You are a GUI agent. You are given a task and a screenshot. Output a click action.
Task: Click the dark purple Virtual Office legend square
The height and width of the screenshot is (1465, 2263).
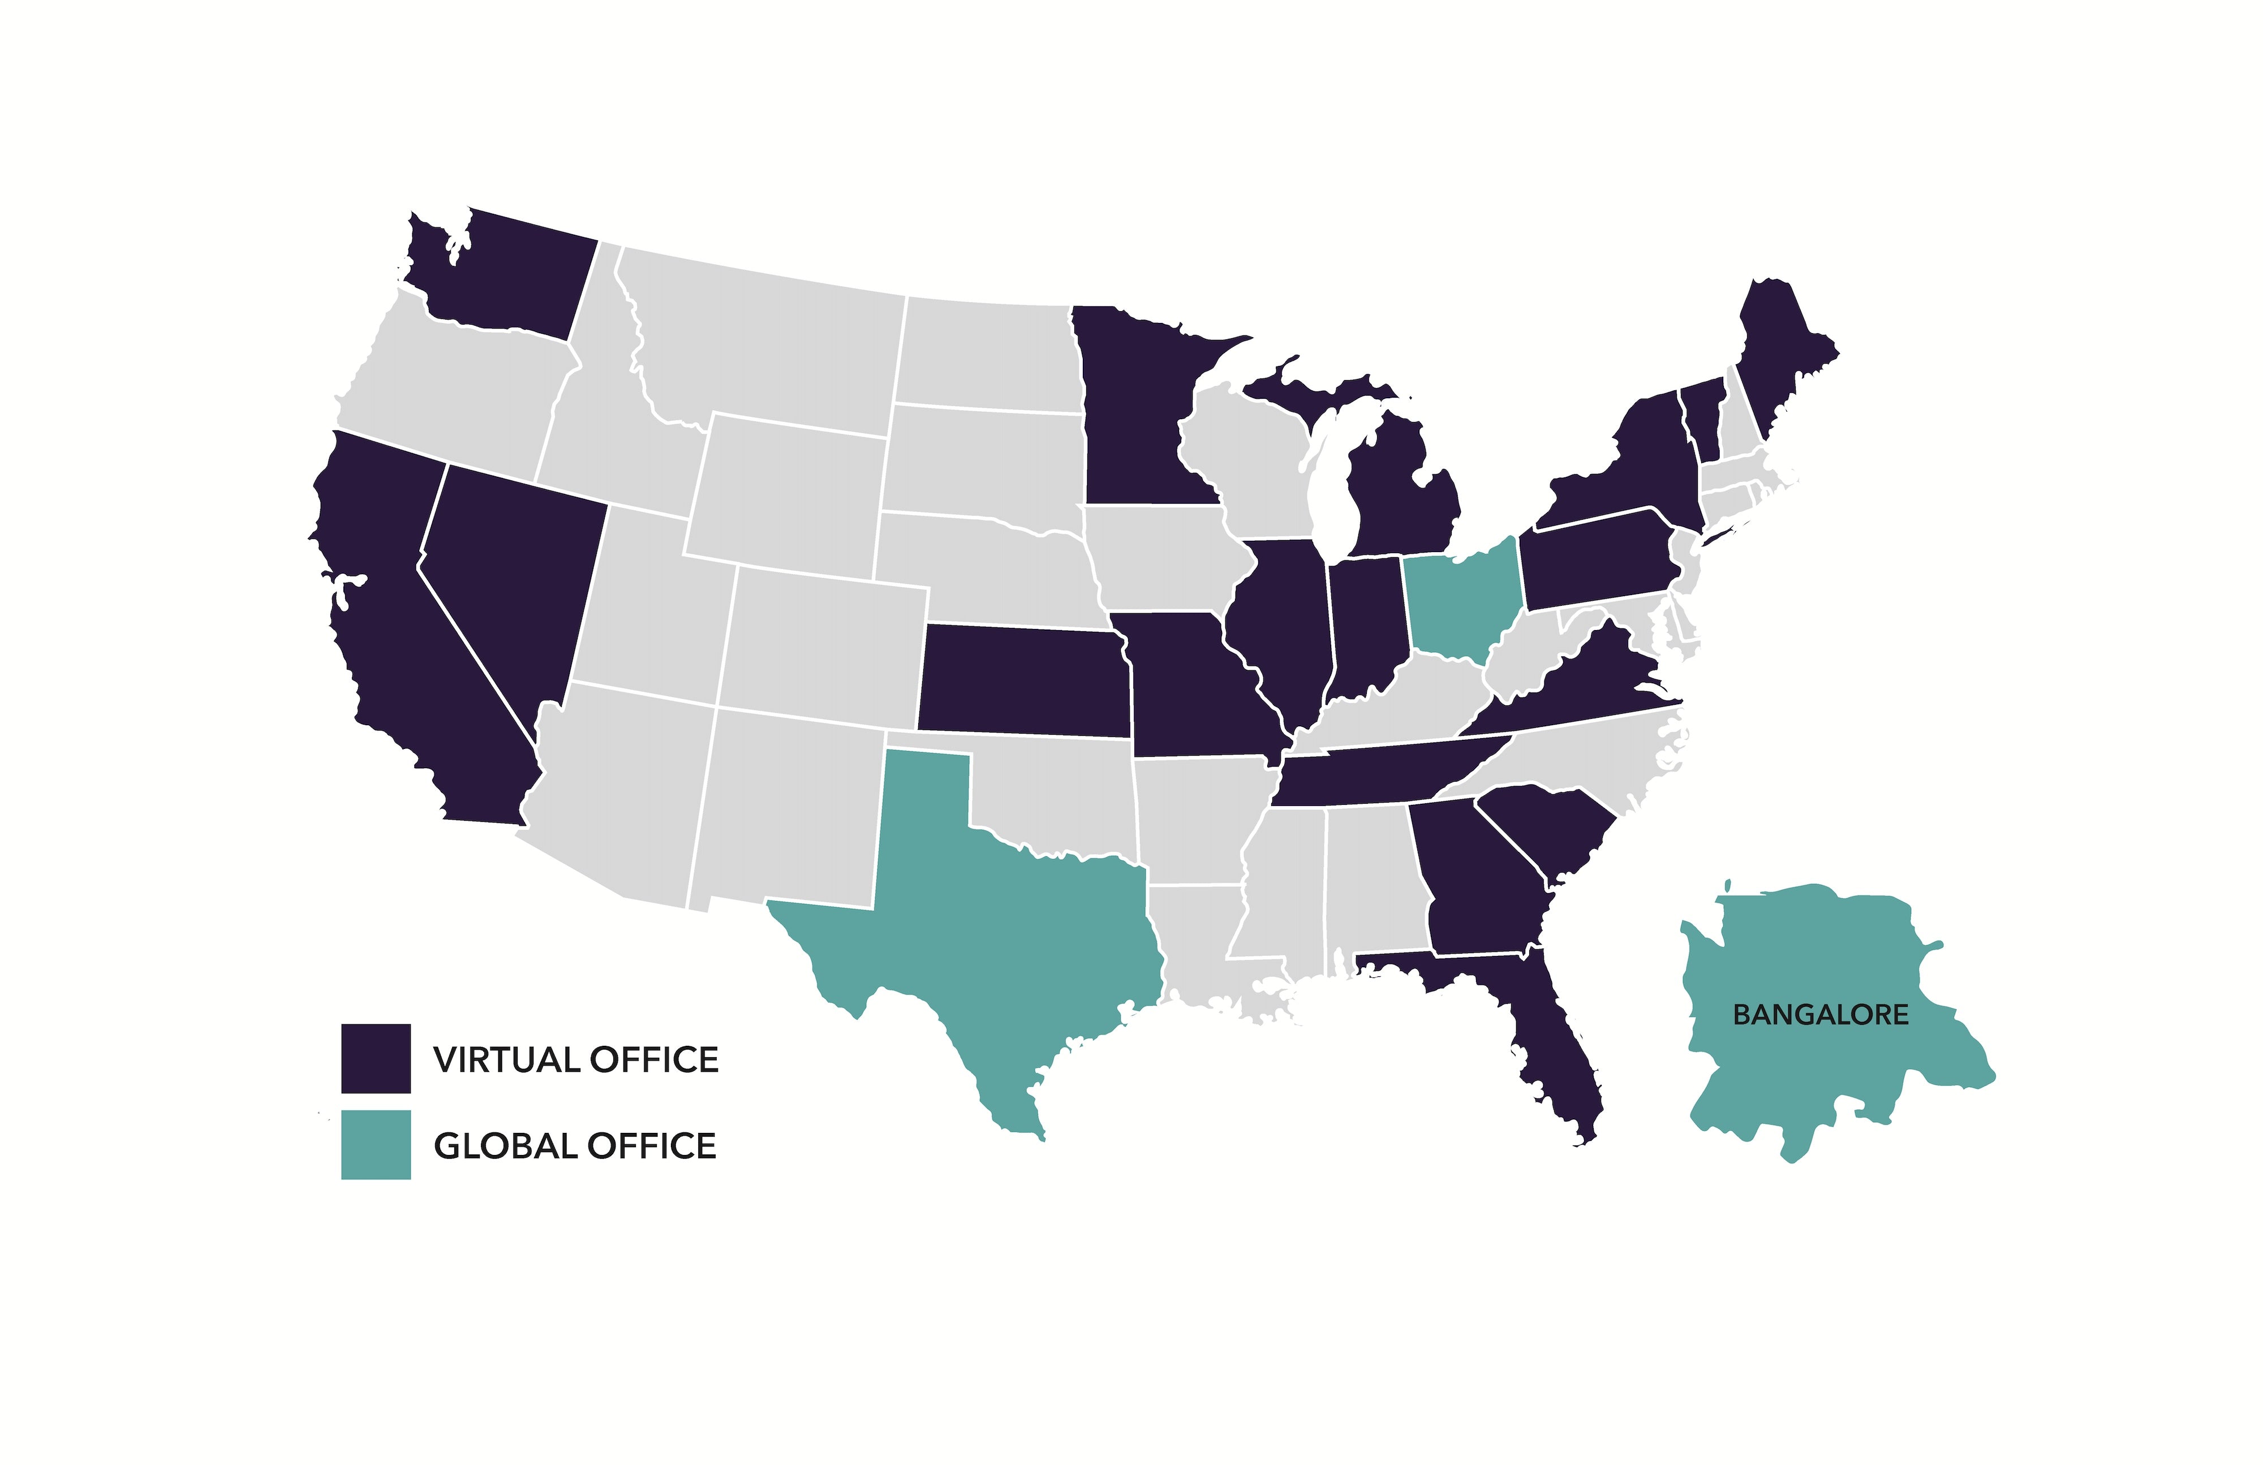pos(376,1058)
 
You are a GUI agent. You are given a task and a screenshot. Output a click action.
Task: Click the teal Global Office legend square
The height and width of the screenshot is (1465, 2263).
pos(376,1145)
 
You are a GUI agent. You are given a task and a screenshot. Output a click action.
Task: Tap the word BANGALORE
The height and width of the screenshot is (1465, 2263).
pos(1820,1014)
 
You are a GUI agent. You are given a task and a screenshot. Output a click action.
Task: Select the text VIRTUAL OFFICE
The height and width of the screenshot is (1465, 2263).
pos(575,1059)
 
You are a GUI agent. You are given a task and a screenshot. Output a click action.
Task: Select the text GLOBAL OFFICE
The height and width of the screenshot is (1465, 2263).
pos(574,1145)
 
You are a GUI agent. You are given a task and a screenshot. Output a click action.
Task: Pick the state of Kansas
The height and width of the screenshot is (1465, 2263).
pos(1022,680)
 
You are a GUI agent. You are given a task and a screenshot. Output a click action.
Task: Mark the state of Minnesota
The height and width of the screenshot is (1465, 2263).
pos(1131,409)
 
